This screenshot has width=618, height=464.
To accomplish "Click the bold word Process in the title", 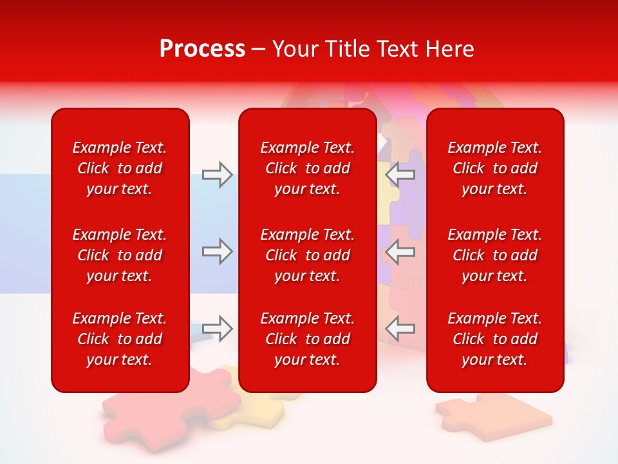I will [202, 49].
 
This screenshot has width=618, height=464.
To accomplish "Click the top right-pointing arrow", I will [217, 175].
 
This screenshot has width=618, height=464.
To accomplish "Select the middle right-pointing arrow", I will [217, 251].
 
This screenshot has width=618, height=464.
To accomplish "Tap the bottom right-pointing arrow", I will [217, 328].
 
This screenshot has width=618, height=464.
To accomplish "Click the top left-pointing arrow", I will [401, 175].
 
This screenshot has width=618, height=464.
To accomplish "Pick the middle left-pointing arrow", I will [401, 251].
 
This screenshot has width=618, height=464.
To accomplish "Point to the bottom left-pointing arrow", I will [401, 328].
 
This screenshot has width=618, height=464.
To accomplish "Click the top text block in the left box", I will [120, 168].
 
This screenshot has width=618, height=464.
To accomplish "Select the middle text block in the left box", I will [120, 255].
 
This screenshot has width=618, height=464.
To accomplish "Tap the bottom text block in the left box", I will [120, 339].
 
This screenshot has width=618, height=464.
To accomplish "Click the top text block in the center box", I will [307, 168].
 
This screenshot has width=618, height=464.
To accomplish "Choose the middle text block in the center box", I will [307, 255].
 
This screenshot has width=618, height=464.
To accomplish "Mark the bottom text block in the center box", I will [307, 339].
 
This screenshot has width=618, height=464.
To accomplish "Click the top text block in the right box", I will [494, 168].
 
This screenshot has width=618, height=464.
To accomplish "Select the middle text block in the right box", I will [494, 255].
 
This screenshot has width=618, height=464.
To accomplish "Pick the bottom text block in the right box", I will [494, 339].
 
